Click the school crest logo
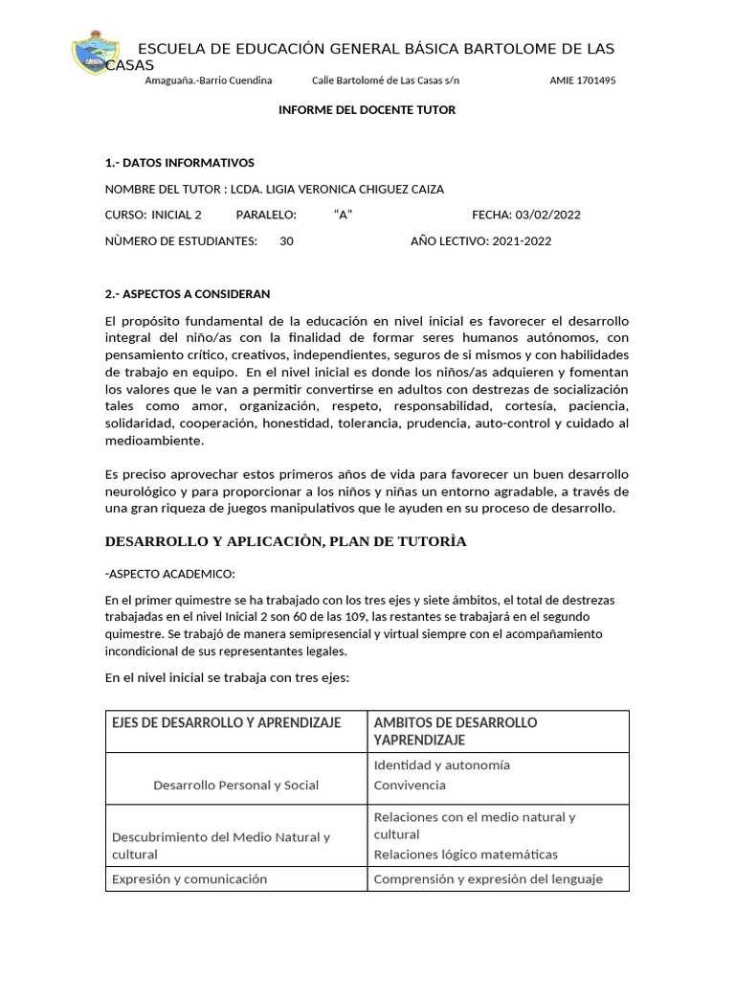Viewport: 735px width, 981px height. [x=95, y=54]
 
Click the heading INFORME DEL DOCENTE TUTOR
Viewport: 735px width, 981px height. [x=367, y=110]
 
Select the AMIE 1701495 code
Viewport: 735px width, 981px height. [x=582, y=80]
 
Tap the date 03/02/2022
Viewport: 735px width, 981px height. [x=547, y=215]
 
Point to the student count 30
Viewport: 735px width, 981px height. [x=286, y=241]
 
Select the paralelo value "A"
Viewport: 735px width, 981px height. [x=344, y=215]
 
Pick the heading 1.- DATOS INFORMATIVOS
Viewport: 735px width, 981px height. [x=179, y=163]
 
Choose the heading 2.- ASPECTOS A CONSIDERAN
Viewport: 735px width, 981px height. [x=188, y=294]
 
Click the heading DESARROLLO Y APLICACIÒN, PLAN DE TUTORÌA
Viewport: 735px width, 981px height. [x=285, y=542]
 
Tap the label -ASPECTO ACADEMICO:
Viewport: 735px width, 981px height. [x=168, y=574]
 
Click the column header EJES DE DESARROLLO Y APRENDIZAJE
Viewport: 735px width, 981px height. [x=226, y=722]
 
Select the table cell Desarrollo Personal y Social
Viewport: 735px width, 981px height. [x=235, y=786]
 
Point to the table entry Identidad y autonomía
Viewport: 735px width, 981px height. [x=441, y=765]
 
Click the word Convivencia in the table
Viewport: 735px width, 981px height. [x=410, y=786]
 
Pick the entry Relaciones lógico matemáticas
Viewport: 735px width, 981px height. [x=465, y=855]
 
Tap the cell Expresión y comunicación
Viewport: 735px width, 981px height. [x=189, y=879]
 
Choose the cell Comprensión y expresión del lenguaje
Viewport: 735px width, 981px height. [x=488, y=879]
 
